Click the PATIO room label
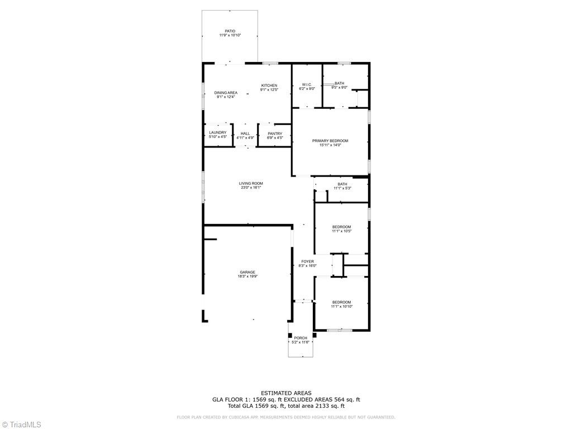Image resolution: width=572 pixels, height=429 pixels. point(230,31)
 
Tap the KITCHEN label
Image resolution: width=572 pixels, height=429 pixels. point(269,85)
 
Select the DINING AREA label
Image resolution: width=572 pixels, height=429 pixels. point(226,93)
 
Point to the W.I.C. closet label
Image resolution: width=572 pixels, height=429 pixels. point(307,84)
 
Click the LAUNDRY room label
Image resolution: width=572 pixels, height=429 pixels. point(218,132)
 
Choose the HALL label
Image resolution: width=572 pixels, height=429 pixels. point(245,134)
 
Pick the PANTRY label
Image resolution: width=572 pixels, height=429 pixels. point(275,134)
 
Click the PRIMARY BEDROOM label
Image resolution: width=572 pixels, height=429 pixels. point(330,141)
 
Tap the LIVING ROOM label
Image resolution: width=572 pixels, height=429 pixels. point(251,183)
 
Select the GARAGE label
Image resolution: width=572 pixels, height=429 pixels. point(247,272)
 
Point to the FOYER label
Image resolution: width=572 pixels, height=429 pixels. point(308,261)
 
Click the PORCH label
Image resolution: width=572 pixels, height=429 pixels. point(301,338)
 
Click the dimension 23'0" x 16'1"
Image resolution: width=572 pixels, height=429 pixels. point(251,188)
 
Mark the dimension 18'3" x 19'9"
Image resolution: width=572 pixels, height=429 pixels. point(247,277)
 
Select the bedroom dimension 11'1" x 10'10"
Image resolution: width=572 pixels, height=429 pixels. point(341,307)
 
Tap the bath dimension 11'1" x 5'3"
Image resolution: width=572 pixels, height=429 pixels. point(342,188)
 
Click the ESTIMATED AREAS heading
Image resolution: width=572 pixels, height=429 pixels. point(286,393)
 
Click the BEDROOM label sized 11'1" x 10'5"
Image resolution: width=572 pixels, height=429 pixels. point(341,227)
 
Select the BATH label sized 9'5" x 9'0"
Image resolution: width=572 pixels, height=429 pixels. point(340,83)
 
